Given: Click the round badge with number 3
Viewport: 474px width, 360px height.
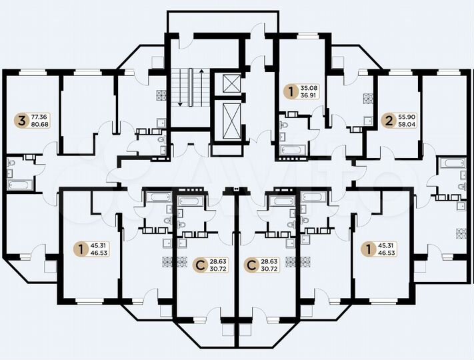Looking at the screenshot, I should tap(23, 121).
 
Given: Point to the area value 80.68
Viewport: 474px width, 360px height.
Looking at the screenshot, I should tap(39, 125).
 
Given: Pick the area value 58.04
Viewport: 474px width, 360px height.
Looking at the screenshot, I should tap(405, 125).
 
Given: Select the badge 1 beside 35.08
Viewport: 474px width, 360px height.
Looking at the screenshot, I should tap(289, 91).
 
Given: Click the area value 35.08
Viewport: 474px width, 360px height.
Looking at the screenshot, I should tap(309, 87).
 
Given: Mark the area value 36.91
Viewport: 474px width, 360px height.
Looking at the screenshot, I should tap(309, 96).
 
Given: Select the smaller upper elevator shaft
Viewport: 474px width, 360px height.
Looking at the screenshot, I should tap(231, 84).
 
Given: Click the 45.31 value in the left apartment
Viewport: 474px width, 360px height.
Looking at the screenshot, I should tap(98, 245).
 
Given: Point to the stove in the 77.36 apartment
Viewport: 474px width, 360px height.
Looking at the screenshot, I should tap(159, 95).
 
